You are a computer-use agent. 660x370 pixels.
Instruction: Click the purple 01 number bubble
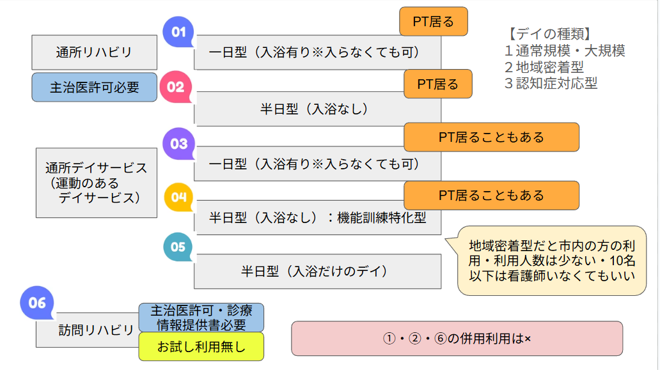pos(178,32)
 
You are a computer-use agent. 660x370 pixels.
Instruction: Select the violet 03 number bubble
pos(178,143)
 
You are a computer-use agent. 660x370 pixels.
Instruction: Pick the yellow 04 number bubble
pos(178,197)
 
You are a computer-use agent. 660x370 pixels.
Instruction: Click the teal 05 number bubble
pos(178,246)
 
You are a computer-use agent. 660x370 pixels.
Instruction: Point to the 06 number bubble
pos(37,302)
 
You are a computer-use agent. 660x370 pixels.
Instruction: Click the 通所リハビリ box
pos(94,52)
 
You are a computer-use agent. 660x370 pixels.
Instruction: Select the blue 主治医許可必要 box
pos(94,87)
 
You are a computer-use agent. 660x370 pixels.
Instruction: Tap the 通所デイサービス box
pos(97,182)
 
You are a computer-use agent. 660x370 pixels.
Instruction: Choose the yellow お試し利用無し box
pos(201,347)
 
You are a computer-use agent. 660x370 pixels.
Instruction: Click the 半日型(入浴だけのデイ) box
pos(317,271)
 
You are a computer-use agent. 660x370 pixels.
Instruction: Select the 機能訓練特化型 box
pos(317,217)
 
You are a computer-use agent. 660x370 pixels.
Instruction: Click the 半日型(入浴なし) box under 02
pos(317,109)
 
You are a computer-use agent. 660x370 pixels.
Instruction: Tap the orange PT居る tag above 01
pos(433,21)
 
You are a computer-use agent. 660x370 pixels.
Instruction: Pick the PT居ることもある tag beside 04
pos(491,195)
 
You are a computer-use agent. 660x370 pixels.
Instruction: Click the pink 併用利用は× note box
pos(457,338)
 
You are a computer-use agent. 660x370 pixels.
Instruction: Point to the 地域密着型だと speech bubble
pos(551,260)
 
